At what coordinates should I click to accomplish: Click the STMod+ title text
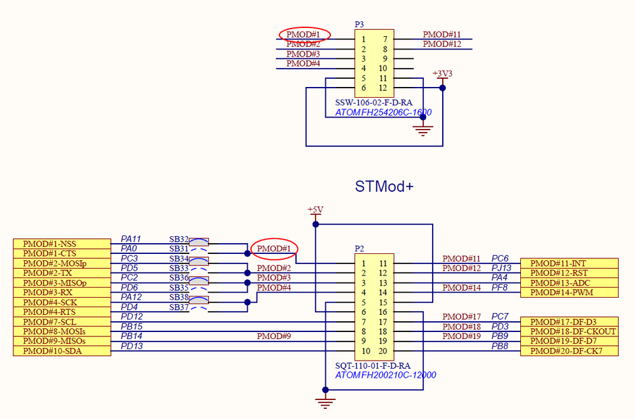pos(384,187)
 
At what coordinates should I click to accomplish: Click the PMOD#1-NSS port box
pos(62,244)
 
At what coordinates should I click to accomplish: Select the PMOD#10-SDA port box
pos(62,351)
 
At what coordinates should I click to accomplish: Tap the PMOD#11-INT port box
pos(569,263)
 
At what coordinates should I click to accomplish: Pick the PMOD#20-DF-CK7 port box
pos(569,351)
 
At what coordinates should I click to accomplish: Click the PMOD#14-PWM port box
pos(569,293)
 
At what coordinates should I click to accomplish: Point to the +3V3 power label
pos(442,74)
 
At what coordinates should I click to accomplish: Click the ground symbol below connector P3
pos(423,130)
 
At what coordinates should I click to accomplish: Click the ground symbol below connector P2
pos(325,402)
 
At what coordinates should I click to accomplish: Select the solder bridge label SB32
pos(179,239)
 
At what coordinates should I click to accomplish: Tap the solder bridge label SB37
pos(179,308)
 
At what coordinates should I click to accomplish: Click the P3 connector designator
pos(359,24)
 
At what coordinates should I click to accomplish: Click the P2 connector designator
pos(359,249)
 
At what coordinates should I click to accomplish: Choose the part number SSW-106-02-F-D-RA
pos(374,102)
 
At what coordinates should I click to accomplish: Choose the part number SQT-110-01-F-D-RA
pos(372,366)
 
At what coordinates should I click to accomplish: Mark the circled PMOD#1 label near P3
pos(305,34)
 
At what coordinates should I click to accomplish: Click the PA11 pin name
pos(131,239)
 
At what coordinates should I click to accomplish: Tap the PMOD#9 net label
pos(274,336)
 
